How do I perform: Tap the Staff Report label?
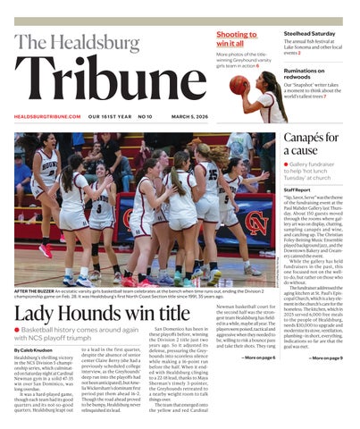[297, 189]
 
